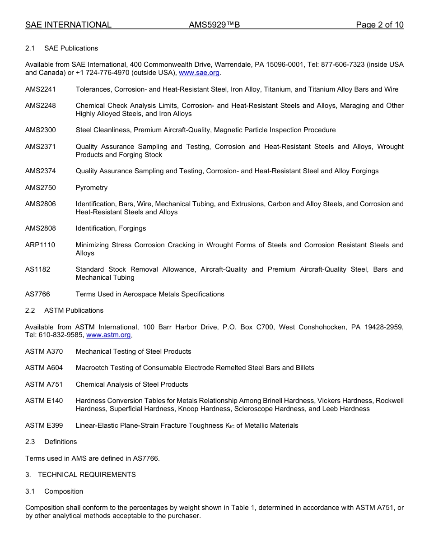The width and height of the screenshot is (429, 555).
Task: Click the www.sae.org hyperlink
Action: coord(199,73)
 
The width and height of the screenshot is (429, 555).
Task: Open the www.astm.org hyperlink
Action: coord(108,335)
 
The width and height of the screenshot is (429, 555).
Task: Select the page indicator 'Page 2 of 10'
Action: coord(379,25)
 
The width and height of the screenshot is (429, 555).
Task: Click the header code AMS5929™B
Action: coord(214,25)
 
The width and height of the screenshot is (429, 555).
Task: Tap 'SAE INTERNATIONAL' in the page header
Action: coord(68,25)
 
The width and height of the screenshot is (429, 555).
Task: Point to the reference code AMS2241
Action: coord(41,89)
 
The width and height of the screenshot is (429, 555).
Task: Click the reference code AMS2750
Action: coord(41,188)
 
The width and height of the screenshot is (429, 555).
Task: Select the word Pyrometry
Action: coord(92,188)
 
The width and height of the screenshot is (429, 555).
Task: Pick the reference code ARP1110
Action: coord(40,245)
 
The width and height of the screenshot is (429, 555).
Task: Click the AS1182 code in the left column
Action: coord(38,269)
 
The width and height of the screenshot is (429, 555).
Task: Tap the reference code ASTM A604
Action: coord(44,368)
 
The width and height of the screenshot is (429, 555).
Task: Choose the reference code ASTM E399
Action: coord(44,425)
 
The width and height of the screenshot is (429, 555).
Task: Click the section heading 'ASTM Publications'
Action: coord(74,310)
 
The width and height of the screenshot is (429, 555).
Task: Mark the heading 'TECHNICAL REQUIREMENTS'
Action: coord(87,475)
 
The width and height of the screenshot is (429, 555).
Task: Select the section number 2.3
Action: coord(30,442)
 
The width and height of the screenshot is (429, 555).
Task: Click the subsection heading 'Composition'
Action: coord(64,491)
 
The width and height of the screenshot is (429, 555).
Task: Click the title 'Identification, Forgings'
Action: coord(111,228)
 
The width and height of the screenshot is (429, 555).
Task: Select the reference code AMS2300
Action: coord(41,130)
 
